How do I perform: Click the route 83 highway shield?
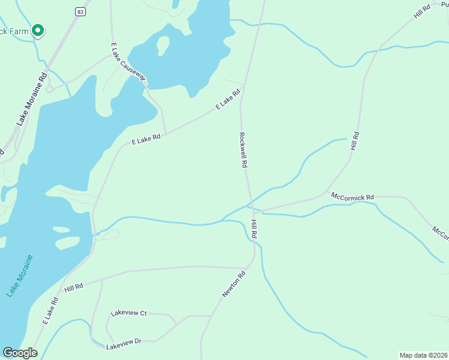tap(80, 11)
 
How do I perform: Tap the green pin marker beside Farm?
tap(38, 29)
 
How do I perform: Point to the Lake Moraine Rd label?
tap(32, 99)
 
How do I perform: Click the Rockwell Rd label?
tap(243, 149)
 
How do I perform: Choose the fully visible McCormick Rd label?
tap(352, 196)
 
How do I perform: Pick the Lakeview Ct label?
tap(129, 313)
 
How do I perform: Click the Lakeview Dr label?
tap(124, 344)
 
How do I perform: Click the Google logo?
tap(20, 353)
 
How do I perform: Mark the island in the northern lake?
tap(163, 44)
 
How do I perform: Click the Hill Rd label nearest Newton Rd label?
tap(255, 230)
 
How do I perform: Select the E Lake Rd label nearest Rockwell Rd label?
tap(229, 98)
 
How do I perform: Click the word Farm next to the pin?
tap(15, 31)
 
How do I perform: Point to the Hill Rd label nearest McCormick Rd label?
tap(355, 142)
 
